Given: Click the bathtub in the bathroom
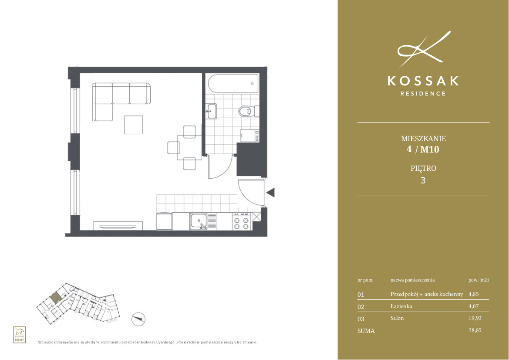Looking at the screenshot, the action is [233, 84].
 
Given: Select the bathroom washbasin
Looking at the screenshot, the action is [211, 112].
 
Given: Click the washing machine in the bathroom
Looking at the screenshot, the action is [249, 136].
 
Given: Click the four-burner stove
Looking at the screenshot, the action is [242, 221].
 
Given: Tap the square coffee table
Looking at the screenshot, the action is [134, 125].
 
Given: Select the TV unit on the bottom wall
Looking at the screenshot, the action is [118, 226].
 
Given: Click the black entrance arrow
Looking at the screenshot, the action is [270, 192].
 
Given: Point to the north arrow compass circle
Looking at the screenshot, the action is [138, 319].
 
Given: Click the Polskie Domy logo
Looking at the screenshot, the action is [20, 335].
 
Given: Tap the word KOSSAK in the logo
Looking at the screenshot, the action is [423, 81].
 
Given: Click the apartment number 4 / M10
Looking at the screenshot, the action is [423, 149].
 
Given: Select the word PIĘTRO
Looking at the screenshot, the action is [423, 168].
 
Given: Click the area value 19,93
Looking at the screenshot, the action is [475, 318].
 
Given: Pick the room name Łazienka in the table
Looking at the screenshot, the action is [401, 306].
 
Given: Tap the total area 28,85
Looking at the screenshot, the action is [475, 330].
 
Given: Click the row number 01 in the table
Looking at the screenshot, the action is [361, 295].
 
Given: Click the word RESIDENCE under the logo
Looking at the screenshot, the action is [423, 94].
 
